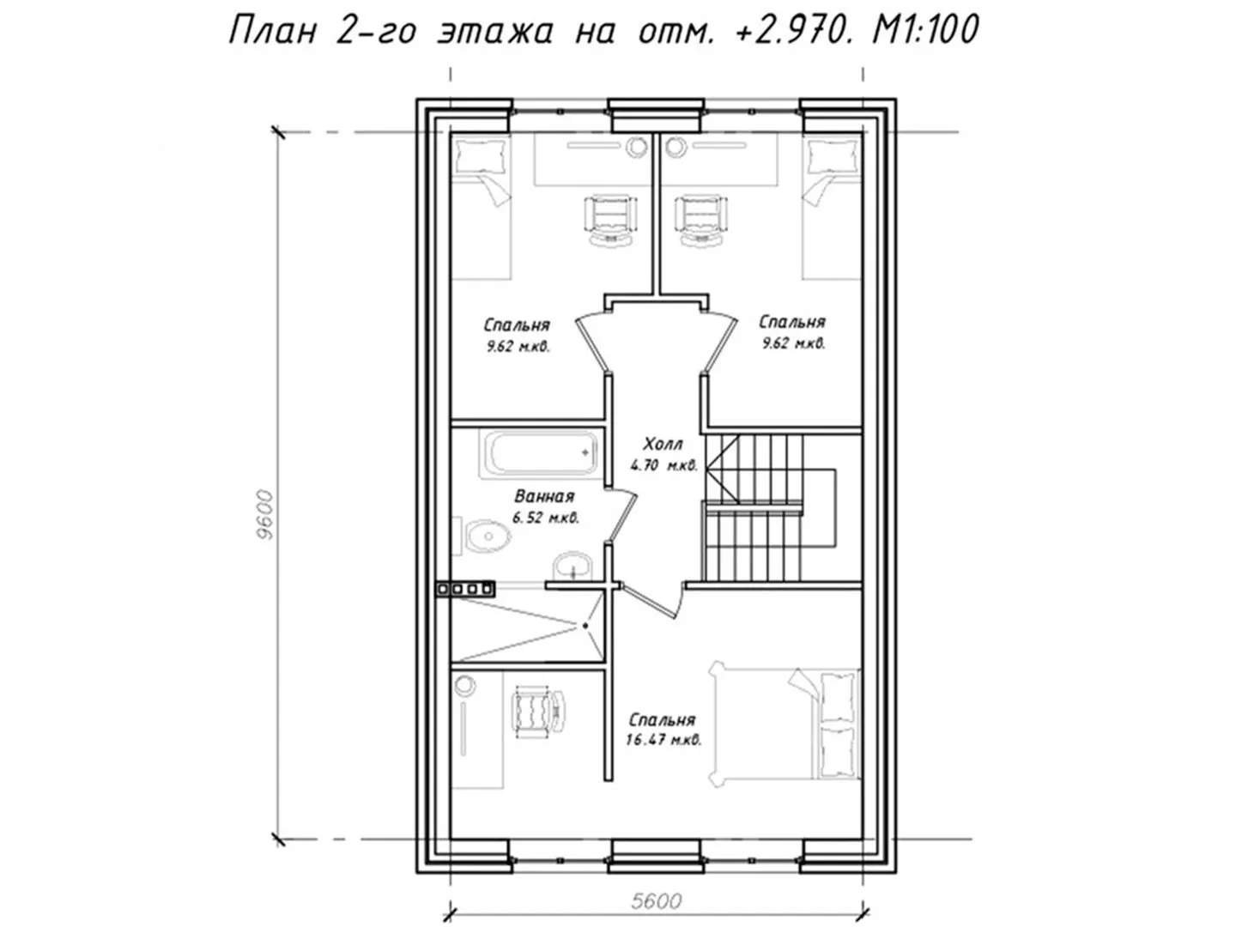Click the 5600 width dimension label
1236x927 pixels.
tap(656, 900)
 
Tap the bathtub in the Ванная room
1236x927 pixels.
tap(539, 453)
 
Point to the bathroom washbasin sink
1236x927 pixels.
tap(573, 565)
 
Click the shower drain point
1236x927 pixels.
tap(585, 626)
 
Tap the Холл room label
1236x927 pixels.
tap(663, 445)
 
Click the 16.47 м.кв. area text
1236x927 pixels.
tap(663, 740)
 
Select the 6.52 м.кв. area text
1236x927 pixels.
tap(546, 518)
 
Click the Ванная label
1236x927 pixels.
tap(544, 496)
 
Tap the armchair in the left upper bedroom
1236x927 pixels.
tap(611, 220)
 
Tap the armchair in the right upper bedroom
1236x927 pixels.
tap(701, 220)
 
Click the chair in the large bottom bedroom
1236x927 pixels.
tap(537, 712)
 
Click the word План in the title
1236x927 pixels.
tap(273, 30)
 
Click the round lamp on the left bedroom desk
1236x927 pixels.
tap(636, 147)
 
